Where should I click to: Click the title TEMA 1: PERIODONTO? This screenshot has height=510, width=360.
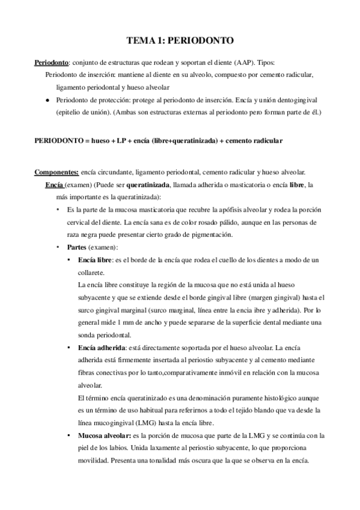(x=180, y=40)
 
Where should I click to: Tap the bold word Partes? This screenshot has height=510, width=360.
(x=80, y=247)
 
